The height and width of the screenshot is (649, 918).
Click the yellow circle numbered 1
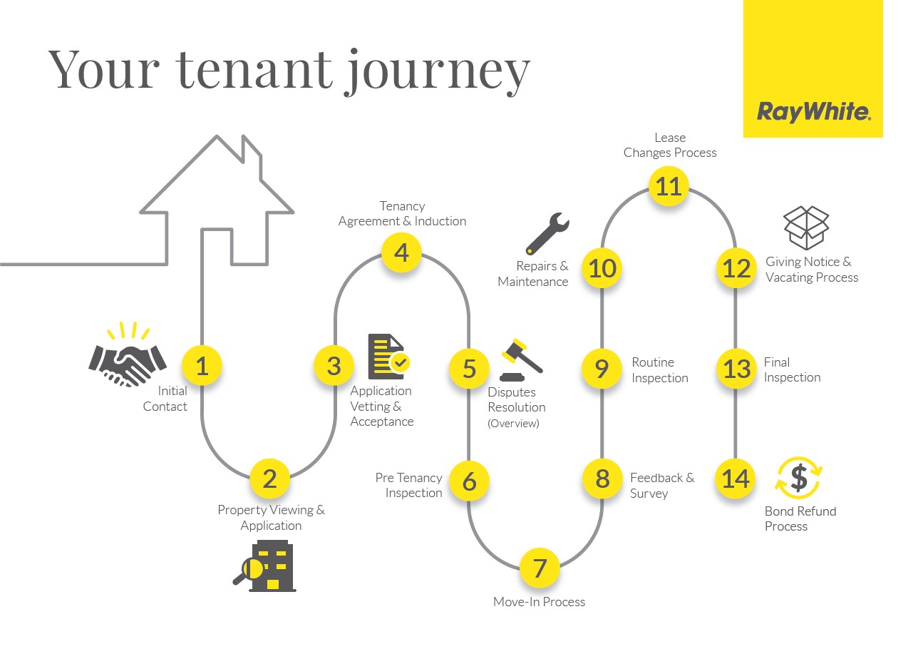tap(202, 365)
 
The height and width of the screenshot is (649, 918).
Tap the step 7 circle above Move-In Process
tap(540, 568)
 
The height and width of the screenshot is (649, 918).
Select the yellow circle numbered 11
tap(669, 186)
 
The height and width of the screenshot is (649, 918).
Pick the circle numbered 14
tap(736, 479)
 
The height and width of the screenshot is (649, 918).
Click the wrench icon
tap(547, 234)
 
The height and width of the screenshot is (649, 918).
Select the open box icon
tap(806, 228)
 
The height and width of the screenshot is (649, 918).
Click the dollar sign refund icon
tap(799, 478)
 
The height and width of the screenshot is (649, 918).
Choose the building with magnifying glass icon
tap(264, 566)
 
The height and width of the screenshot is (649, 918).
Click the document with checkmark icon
tap(388, 357)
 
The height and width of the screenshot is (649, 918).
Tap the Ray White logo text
tap(813, 112)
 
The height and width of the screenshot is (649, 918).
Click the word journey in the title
tap(437, 71)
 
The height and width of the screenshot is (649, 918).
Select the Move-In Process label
tap(539, 601)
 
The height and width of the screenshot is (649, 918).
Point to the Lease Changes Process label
tap(670, 145)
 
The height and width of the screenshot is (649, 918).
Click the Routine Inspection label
tap(660, 370)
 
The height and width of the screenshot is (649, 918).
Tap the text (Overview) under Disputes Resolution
tap(513, 423)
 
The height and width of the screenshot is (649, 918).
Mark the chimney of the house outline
tap(251, 157)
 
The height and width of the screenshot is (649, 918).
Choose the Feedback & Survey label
tap(662, 486)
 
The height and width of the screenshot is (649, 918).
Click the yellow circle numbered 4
tap(401, 252)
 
